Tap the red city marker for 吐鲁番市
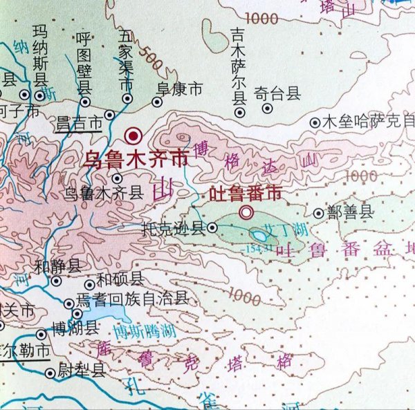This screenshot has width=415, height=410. (x=246, y=212)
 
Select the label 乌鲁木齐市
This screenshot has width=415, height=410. (x=135, y=159)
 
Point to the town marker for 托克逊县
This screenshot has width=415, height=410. (x=212, y=227)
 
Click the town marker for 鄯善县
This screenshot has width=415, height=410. (x=318, y=214)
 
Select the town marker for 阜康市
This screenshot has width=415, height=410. (x=157, y=102)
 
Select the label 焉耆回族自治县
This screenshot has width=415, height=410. (x=132, y=299)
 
